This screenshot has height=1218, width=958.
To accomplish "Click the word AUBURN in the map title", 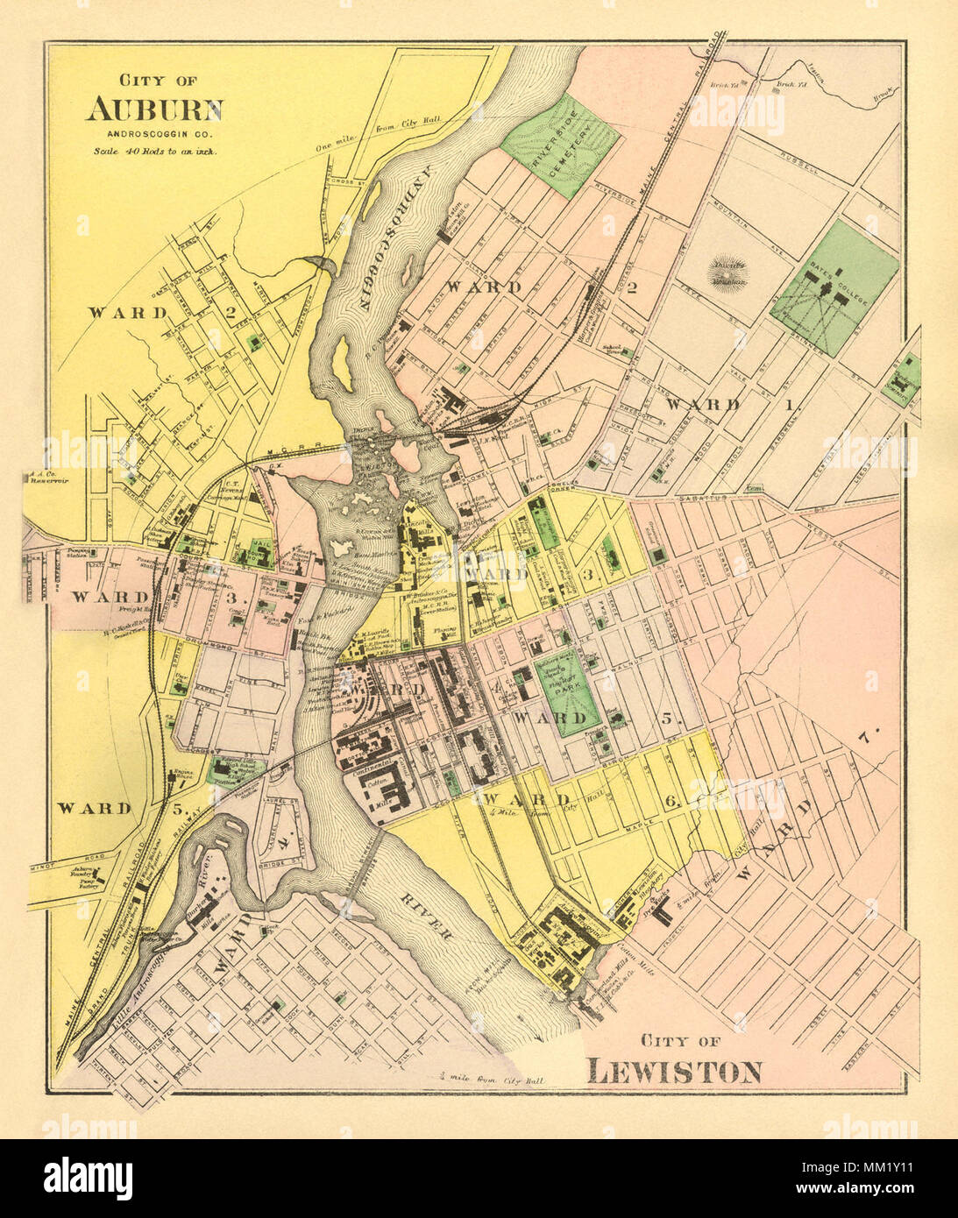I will (154, 110).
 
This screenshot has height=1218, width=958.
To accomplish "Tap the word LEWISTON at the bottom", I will (674, 1071).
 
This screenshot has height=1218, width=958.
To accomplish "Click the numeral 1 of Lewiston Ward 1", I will (788, 405).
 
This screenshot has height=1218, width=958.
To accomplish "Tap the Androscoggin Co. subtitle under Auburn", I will (154, 134).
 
